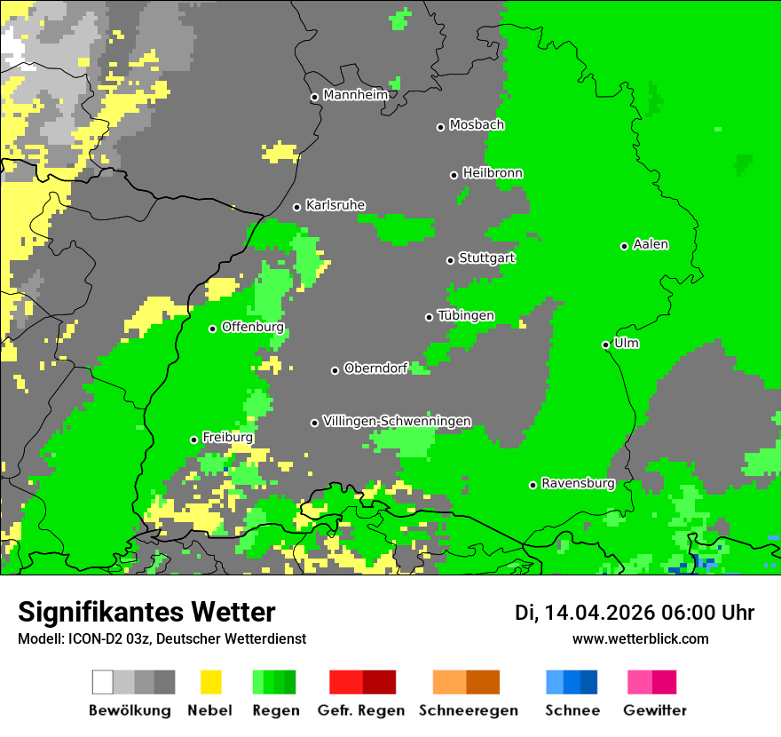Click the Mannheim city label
(x=355, y=95)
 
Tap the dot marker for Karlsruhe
(x=296, y=207)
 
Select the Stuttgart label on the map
(x=486, y=258)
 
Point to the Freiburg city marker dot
(x=193, y=440)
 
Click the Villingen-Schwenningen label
(x=397, y=421)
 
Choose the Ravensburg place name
(x=578, y=484)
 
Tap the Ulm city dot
(x=605, y=345)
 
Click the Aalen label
(x=651, y=244)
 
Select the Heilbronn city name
(x=493, y=173)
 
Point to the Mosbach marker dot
(x=440, y=127)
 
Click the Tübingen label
(x=466, y=316)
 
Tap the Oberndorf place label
(x=375, y=368)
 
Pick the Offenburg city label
(x=252, y=327)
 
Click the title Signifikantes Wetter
(x=146, y=612)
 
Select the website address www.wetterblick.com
(x=640, y=638)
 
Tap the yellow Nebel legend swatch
(x=210, y=682)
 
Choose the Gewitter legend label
(x=654, y=710)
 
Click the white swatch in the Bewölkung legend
(x=103, y=682)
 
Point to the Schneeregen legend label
(x=468, y=710)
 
